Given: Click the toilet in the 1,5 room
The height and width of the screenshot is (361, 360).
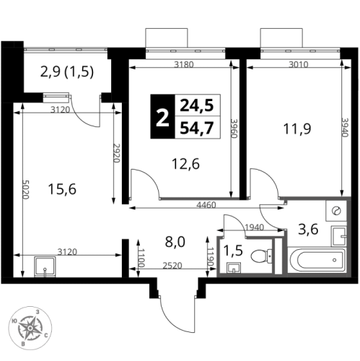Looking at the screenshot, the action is (262, 256).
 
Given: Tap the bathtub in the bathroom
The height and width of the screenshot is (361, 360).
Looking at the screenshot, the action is (318, 259).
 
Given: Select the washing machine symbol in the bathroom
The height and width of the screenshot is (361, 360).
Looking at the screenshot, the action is (336, 211).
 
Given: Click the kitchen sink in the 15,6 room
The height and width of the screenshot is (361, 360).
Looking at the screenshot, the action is (45, 266).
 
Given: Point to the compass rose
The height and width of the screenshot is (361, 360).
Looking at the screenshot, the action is (30, 328).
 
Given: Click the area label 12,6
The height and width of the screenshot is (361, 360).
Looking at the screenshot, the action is (185, 164).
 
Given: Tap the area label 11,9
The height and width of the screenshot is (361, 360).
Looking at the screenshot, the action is (297, 129).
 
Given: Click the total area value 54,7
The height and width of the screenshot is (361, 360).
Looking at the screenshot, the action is (197, 128).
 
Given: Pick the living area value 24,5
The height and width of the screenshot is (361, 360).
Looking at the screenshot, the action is (197, 105).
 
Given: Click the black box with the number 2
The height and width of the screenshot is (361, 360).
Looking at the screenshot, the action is (162, 116).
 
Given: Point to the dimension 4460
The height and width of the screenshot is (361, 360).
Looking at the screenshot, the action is (206, 205).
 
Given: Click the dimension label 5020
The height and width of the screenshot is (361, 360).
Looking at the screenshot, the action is (26, 189).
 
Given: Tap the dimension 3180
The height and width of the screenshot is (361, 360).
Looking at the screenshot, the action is (184, 64).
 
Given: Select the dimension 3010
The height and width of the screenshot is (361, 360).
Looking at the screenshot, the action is (299, 64).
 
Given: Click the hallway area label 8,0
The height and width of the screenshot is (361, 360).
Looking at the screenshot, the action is (175, 242).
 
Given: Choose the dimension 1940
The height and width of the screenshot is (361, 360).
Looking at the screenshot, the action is (255, 227).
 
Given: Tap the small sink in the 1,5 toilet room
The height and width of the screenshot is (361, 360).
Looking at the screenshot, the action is (234, 268).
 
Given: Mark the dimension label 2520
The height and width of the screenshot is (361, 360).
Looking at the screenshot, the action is (172, 266).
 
